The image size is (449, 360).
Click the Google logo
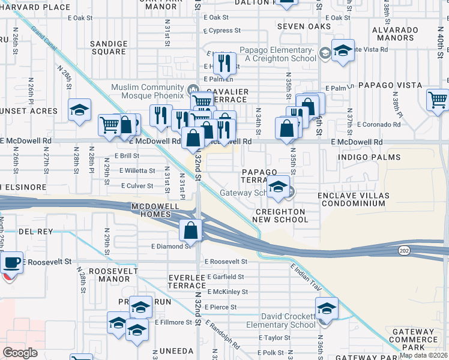coord(20,353)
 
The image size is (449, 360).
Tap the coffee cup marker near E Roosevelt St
coord(11,262)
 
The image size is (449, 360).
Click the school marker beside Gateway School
coord(278,187)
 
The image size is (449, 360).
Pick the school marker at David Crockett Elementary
coord(327,310)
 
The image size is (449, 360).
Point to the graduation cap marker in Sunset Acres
coord(79,110)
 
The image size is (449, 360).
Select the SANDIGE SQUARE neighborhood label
coord(109,47)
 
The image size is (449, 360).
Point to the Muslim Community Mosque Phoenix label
coord(147,91)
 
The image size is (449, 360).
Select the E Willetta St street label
coord(137,170)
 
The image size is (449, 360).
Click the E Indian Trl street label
coord(306,280)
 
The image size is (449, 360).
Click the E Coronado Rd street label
coord(378,124)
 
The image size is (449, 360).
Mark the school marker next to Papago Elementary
coord(343,50)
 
